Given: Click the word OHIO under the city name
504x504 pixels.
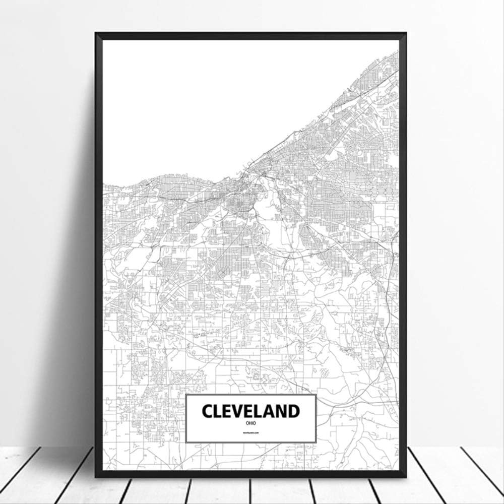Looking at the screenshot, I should [250, 423].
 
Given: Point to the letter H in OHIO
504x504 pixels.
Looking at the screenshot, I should [249, 423].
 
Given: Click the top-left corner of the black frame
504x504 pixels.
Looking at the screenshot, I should [96, 34].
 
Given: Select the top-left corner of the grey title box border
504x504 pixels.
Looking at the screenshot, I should [186, 395].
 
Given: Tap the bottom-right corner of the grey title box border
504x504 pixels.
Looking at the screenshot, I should [316, 443].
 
